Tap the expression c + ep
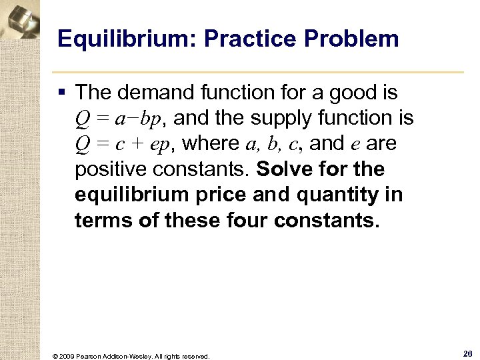click(x=141, y=144)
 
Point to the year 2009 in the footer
click(x=67, y=356)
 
